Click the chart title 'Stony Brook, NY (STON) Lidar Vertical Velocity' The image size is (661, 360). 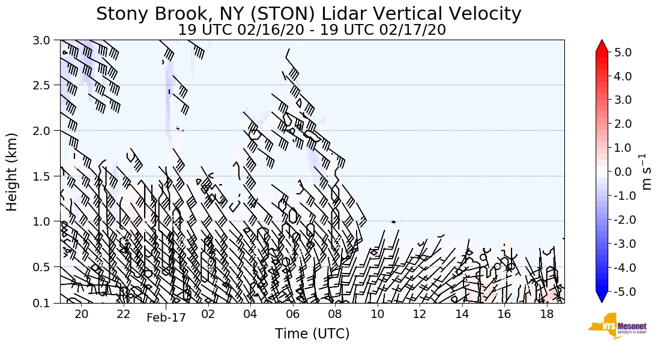(x=309, y=14)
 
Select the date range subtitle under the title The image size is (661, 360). (x=312, y=29)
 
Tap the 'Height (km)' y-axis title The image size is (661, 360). (x=13, y=172)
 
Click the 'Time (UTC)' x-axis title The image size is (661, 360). (x=312, y=334)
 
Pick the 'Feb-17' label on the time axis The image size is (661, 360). (x=166, y=317)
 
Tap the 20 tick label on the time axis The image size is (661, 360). (x=82, y=314)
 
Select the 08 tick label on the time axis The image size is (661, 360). (x=335, y=314)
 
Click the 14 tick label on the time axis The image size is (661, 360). (x=462, y=314)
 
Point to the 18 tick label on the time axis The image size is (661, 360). (x=546, y=314)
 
